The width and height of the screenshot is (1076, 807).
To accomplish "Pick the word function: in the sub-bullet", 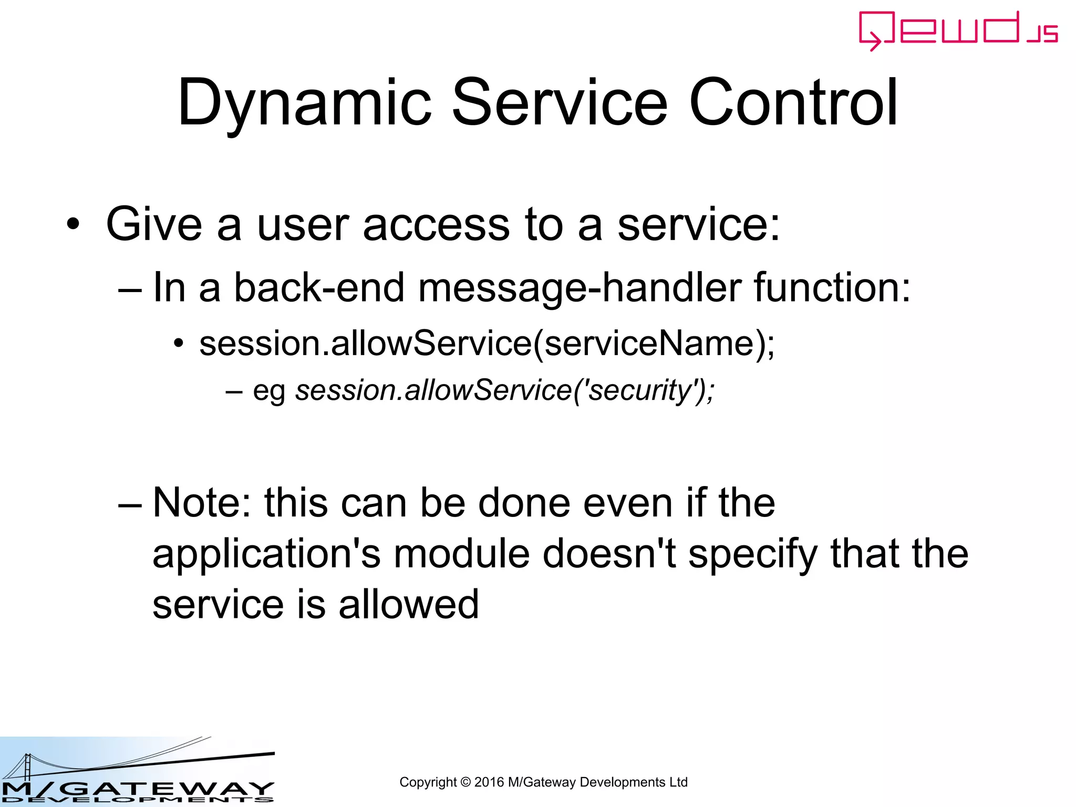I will click(832, 288).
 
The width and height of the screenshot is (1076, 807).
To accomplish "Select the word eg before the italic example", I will click(268, 392).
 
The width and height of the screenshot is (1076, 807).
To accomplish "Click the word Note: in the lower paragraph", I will click(202, 503).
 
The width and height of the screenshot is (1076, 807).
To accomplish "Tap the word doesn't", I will click(609, 554).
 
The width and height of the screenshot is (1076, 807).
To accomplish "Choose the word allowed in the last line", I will click(409, 604).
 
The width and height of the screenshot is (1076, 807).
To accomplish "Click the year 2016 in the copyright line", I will click(489, 782).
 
